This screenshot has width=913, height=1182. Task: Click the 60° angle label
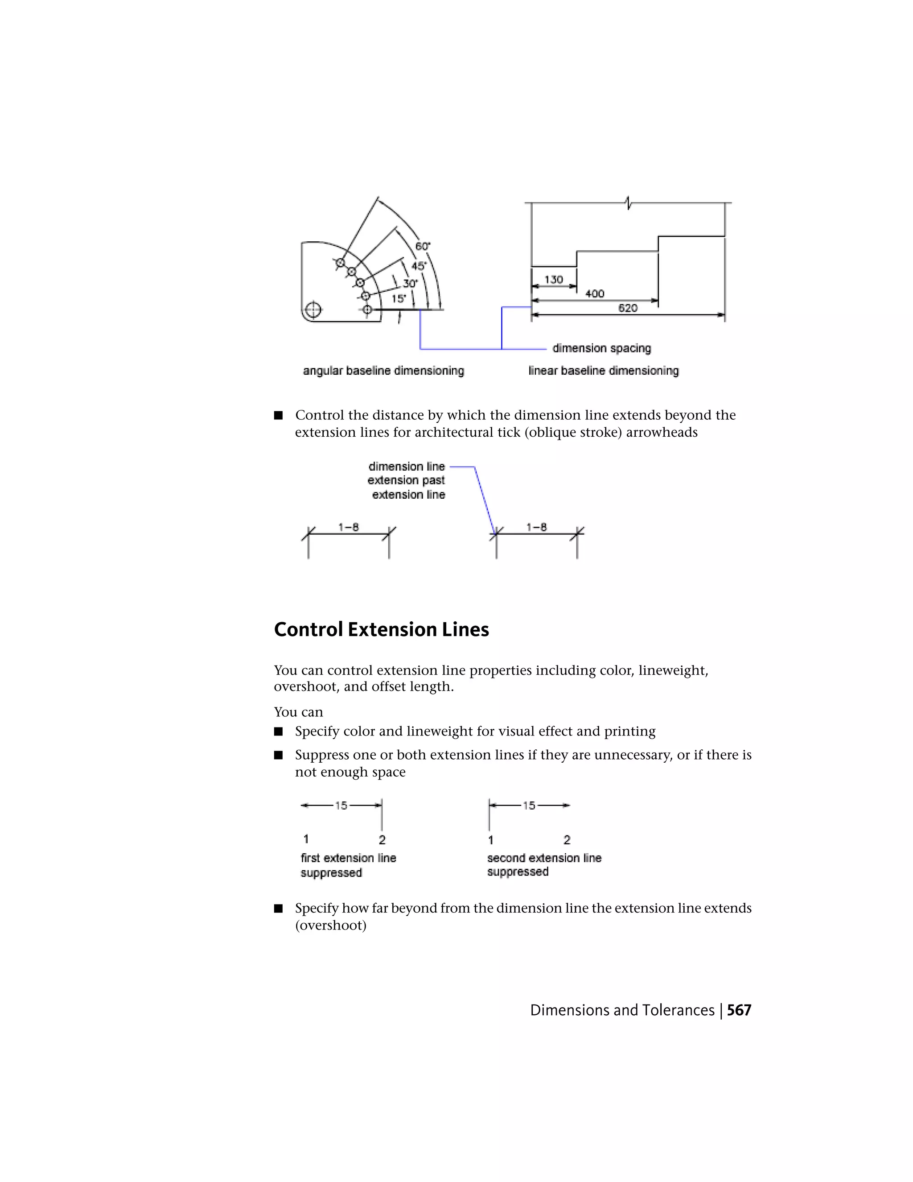coord(423,246)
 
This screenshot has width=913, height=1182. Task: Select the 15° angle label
coord(399,298)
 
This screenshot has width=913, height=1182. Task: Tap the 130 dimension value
coord(553,279)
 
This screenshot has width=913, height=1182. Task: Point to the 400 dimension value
coord(594,293)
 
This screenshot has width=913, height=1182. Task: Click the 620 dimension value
coord(627,308)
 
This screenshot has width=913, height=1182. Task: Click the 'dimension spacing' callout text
coord(601,348)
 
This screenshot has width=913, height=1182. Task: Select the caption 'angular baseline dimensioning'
coord(383,371)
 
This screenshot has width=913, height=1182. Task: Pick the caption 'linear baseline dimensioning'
coord(603,371)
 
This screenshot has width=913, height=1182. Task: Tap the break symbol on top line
coord(628,203)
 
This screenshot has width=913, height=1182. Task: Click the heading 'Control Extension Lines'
coord(381,629)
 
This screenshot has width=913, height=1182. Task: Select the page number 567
coord(739,1010)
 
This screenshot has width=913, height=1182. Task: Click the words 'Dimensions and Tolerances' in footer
coord(622,1010)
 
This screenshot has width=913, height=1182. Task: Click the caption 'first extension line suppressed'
coord(348,865)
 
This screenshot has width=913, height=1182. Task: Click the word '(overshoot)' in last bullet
coord(330,926)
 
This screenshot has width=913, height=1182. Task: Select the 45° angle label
coord(418,266)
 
